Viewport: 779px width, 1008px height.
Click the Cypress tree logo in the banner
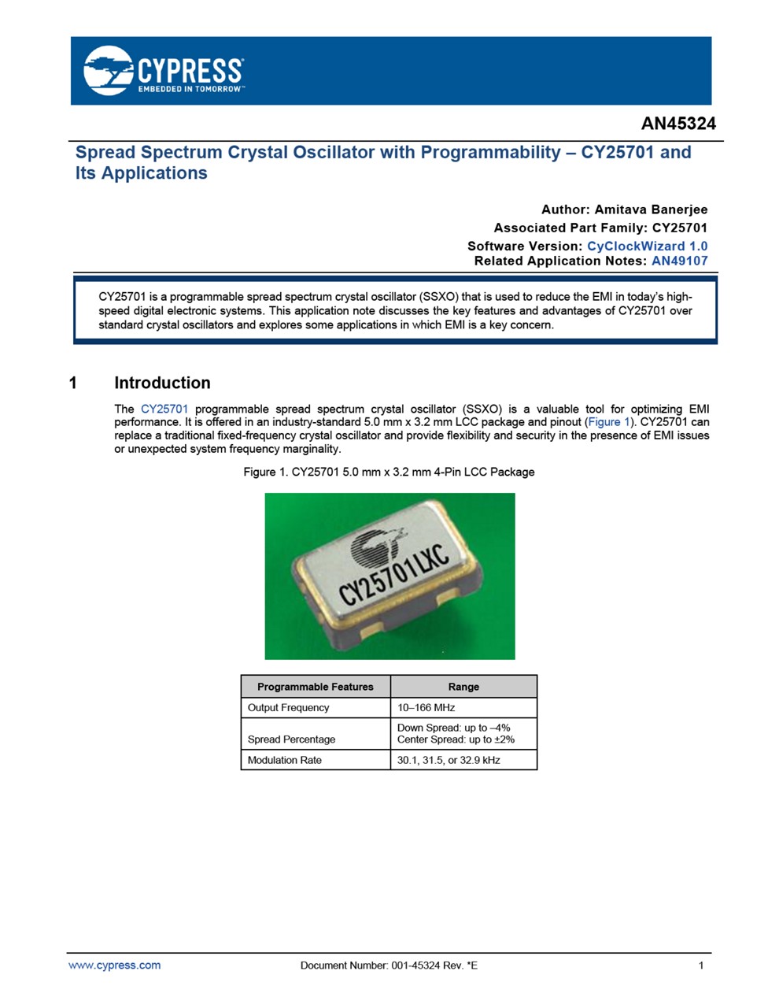coord(109,71)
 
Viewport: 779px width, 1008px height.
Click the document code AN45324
coord(677,124)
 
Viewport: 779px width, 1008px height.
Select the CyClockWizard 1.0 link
coord(647,246)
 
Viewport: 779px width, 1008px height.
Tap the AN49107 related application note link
coord(679,261)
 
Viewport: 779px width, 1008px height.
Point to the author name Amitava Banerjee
coord(651,209)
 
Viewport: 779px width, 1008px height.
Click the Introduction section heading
coord(162,383)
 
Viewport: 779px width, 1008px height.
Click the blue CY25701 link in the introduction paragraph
coord(164,409)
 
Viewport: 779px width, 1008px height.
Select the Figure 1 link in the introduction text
coord(608,422)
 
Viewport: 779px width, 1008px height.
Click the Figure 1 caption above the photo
coord(389,472)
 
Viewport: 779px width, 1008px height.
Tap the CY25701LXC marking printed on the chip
coord(394,576)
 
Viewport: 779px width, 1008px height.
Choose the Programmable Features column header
coord(315,687)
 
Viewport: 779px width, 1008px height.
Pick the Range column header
coord(463,687)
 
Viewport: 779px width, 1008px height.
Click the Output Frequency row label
coord(288,707)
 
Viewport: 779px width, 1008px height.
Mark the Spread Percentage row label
coord(291,739)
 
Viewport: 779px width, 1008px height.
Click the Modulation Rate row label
coord(284,760)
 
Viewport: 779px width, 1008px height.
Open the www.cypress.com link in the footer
coord(114,965)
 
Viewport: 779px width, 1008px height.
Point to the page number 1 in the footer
coord(700,965)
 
